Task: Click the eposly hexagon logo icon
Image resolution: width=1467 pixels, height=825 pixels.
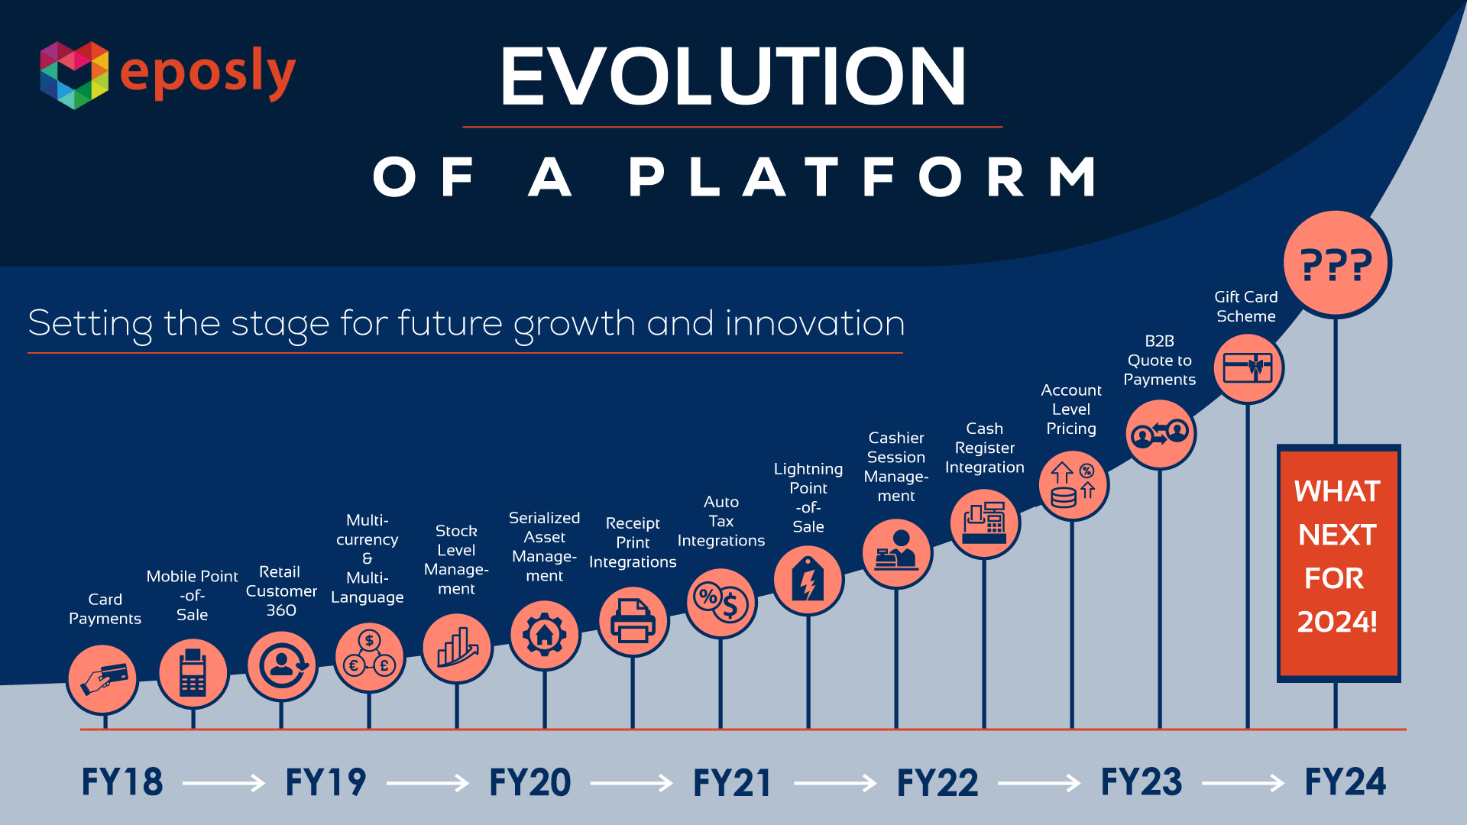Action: click(74, 75)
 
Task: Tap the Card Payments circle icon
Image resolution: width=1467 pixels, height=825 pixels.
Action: click(103, 678)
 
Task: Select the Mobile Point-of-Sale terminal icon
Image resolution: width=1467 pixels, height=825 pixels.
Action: click(193, 673)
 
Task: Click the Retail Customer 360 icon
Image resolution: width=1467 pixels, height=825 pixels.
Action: click(282, 666)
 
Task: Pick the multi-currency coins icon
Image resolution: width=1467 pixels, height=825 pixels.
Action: click(370, 657)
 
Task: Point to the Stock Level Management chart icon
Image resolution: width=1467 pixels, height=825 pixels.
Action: click(458, 649)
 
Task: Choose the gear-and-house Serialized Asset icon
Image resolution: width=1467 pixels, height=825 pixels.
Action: click(545, 635)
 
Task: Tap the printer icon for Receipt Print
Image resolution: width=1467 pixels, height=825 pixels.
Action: click(633, 622)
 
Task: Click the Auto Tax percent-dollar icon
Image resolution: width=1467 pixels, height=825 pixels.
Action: click(721, 603)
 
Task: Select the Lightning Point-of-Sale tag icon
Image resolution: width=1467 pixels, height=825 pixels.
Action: click(808, 581)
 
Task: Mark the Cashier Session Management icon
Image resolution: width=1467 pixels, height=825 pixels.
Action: click(897, 553)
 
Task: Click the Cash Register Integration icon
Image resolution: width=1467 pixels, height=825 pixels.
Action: click(985, 523)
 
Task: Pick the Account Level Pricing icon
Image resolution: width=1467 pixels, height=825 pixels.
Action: click(1074, 485)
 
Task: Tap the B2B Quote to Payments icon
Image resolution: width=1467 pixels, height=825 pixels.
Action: click(1161, 434)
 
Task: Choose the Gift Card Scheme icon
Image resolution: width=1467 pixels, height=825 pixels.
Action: click(1248, 368)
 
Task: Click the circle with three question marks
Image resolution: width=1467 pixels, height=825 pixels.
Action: click(1336, 264)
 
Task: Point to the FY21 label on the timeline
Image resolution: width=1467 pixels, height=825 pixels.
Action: click(732, 783)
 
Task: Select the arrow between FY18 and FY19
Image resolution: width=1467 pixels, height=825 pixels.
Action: click(224, 783)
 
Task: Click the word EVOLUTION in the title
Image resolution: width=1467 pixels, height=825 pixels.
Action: click(733, 76)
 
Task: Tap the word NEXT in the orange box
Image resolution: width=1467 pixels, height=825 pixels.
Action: click(1337, 535)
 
